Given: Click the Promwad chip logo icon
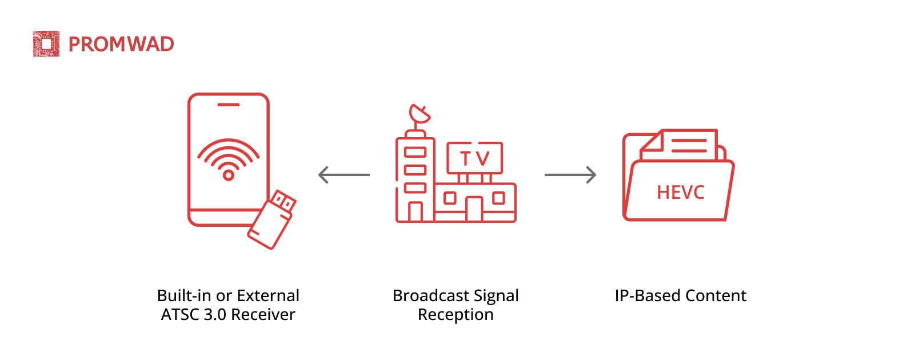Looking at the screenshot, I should click(x=46, y=44).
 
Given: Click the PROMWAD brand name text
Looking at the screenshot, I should click(x=121, y=45).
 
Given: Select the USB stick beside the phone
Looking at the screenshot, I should click(x=272, y=220).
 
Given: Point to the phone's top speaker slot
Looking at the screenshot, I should click(x=229, y=105).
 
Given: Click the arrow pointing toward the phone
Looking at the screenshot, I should click(x=343, y=174).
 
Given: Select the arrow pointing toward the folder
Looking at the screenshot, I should click(x=570, y=174).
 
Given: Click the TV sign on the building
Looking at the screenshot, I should click(x=474, y=158).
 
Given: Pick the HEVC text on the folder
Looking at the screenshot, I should click(x=680, y=193).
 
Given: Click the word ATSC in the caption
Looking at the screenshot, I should click(x=180, y=314).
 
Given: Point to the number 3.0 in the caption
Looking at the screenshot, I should click(x=215, y=314).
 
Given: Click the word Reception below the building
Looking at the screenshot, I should click(x=456, y=314).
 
